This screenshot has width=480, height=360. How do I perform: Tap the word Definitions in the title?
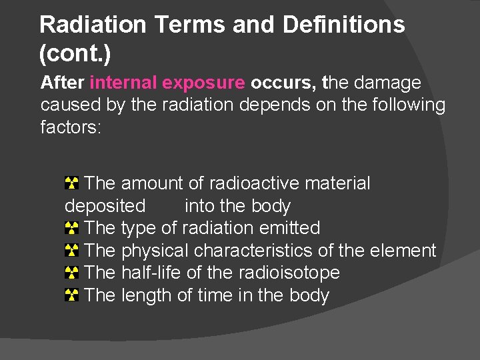(343, 25)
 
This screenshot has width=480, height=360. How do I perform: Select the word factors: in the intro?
(71, 127)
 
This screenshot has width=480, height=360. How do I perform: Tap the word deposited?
(105, 205)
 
